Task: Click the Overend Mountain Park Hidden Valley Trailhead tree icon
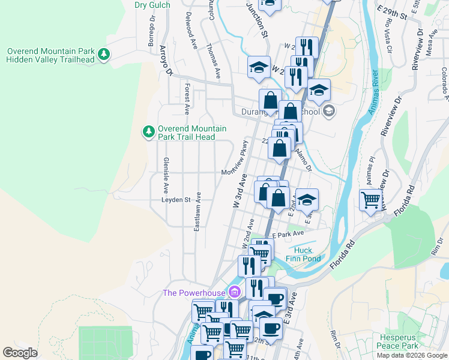[104, 55]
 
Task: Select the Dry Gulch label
[152, 5]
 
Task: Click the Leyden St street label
[175, 200]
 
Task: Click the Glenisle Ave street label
[165, 171]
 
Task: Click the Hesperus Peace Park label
[397, 341]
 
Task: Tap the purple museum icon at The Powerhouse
[234, 293]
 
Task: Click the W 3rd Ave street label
[240, 192]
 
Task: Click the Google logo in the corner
[20, 352]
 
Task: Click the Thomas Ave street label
[213, 61]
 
